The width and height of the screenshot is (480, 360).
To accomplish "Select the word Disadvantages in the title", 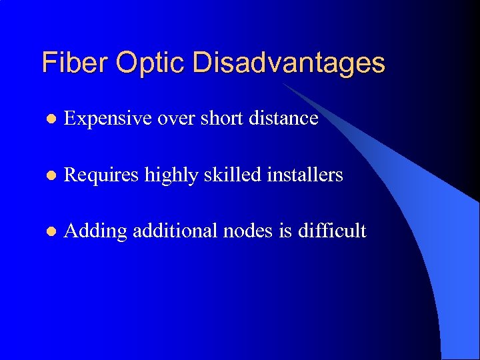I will pyautogui.click(x=289, y=63).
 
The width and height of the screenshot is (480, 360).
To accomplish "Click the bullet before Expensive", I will pyautogui.click(x=51, y=119).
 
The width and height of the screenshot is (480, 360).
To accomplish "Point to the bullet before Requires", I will pyautogui.click(x=51, y=175).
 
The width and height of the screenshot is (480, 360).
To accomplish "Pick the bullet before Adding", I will pyautogui.click(x=51, y=231).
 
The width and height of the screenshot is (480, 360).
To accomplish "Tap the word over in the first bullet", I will pyautogui.click(x=176, y=119).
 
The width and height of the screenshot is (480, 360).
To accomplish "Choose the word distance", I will pyautogui.click(x=285, y=118).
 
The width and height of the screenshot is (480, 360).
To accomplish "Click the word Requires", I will pyautogui.click(x=101, y=175).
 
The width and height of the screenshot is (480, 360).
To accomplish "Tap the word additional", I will pyautogui.click(x=171, y=231).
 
